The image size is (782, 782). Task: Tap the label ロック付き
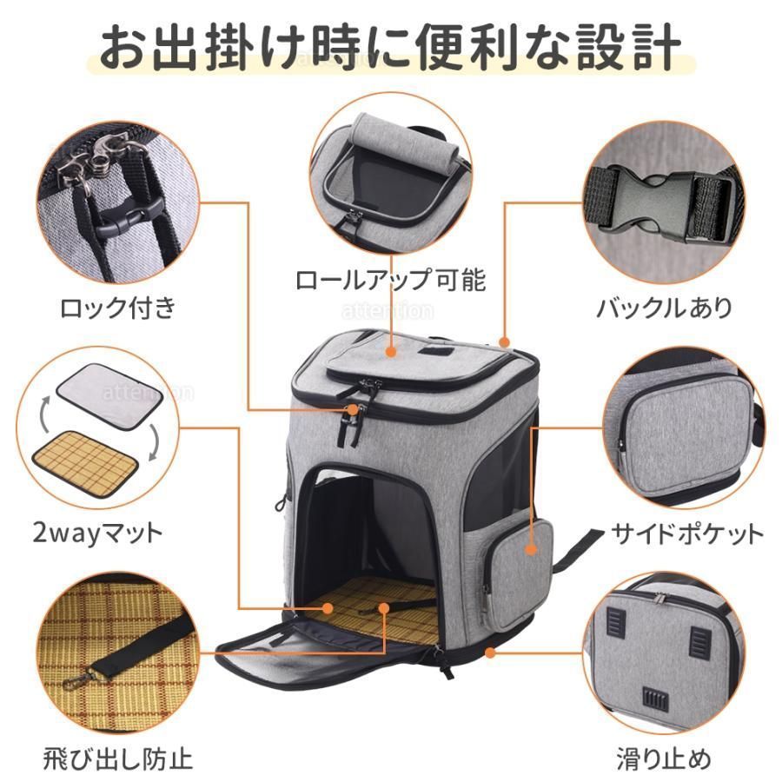[118, 308]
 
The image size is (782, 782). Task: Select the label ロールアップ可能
[390, 280]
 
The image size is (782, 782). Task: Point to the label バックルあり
[665, 308]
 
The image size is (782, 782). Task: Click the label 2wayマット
[97, 533]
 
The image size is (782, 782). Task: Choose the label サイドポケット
[687, 533]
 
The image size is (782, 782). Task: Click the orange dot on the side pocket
[532, 550]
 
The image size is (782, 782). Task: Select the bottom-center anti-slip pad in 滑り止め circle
[653, 699]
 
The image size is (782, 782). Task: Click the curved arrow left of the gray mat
[45, 414]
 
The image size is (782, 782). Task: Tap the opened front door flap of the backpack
[324, 656]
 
